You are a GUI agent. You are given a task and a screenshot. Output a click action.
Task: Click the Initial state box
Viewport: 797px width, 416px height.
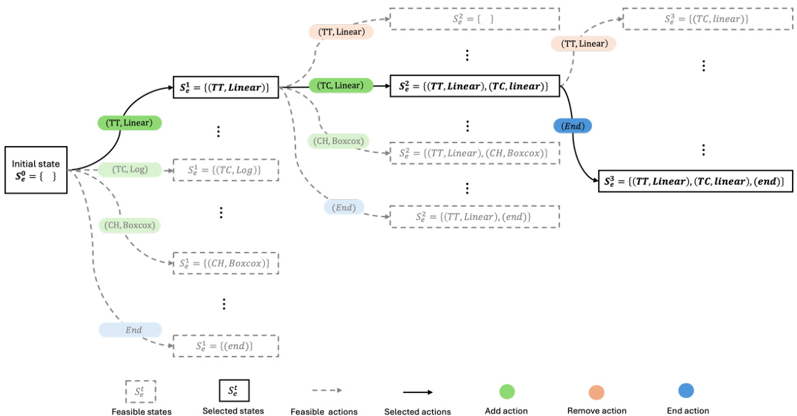(x=36, y=170)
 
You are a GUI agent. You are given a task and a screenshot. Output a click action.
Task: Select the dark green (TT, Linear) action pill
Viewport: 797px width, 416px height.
(x=129, y=123)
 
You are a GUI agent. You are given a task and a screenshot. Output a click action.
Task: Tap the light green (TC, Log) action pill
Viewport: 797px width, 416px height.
(x=129, y=169)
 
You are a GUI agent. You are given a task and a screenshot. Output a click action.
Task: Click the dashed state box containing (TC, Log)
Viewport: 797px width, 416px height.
(x=225, y=170)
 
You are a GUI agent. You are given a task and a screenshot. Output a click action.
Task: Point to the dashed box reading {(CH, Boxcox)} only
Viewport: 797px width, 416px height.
(x=225, y=263)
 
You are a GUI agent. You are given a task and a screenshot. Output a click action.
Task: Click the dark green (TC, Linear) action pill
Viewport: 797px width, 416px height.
(x=341, y=85)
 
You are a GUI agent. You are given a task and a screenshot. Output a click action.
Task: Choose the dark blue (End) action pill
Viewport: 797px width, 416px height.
(x=572, y=126)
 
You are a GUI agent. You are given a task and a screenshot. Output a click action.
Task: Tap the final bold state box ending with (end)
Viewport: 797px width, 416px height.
(x=695, y=181)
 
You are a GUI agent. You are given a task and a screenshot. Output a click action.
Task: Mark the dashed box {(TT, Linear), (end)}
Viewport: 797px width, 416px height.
(x=474, y=217)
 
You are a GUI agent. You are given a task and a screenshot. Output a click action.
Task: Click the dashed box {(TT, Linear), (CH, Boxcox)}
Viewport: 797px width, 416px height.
(x=474, y=152)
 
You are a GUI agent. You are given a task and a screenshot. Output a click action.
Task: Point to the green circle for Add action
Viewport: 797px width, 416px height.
(x=507, y=391)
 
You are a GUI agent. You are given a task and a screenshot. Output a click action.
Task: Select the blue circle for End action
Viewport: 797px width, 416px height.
(x=686, y=391)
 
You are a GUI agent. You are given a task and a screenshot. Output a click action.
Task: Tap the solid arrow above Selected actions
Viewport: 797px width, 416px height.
(x=417, y=392)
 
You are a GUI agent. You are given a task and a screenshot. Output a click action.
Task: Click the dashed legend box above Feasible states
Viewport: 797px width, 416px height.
(x=141, y=391)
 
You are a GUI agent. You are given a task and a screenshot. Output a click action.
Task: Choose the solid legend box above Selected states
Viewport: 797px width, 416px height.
(x=233, y=391)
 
